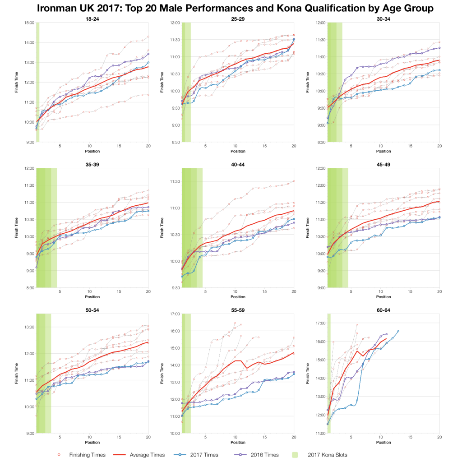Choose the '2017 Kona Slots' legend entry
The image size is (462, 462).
pos(331,454)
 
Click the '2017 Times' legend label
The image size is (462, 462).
pos(203,454)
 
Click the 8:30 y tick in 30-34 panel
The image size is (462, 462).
pos(320,142)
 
